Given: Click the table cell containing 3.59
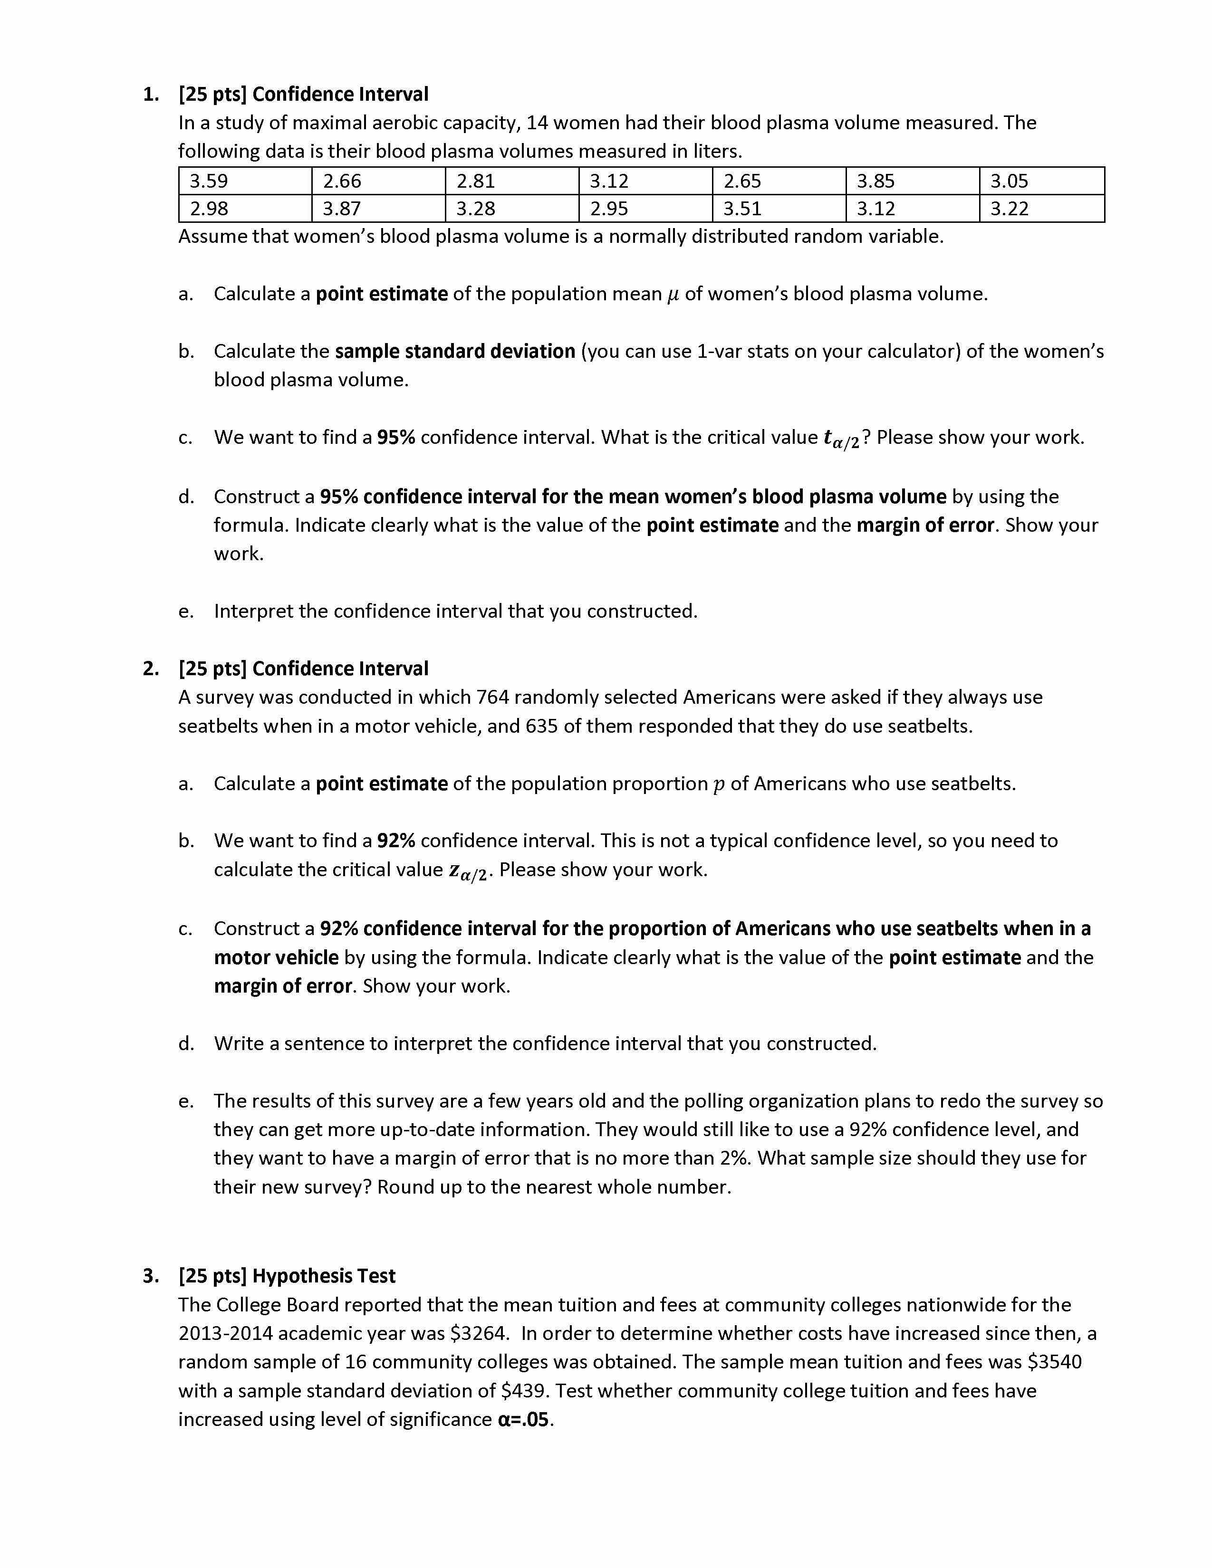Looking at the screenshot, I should click(x=209, y=181).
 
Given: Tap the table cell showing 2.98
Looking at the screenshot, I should click(x=209, y=209).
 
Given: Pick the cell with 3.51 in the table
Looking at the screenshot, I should click(x=742, y=209).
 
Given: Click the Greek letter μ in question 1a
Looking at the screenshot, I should click(x=673, y=295).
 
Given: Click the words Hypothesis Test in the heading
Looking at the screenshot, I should click(x=324, y=1276).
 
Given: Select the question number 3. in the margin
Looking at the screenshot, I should click(x=151, y=1276).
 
